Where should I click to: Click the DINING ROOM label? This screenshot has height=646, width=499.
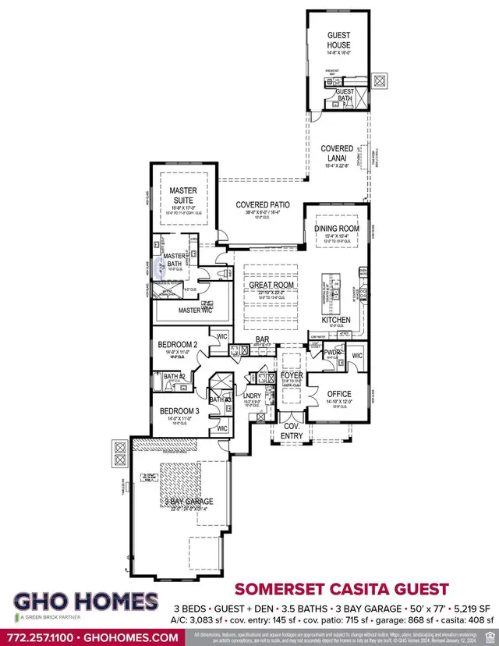(x=336, y=229)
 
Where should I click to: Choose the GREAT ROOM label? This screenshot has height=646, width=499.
(x=271, y=286)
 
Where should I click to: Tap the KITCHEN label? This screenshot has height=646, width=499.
(x=337, y=320)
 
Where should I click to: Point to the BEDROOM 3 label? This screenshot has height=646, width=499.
(x=179, y=410)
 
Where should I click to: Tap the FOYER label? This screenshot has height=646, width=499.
(x=291, y=376)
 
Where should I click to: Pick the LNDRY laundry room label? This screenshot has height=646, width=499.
(x=252, y=396)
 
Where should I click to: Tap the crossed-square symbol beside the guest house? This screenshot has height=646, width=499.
(x=380, y=80)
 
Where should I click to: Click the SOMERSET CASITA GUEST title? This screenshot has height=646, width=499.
(x=342, y=588)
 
